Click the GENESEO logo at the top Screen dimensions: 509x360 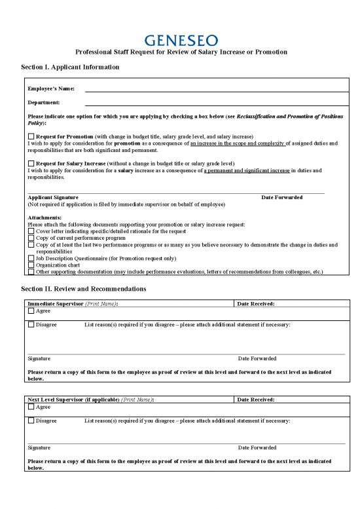pyautogui.click(x=179, y=41)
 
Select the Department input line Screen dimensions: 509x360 pyautogui.click(x=213, y=104)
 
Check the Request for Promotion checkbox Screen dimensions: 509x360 pyautogui.click(x=31, y=136)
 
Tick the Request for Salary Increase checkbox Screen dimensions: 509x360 pyautogui.click(x=31, y=163)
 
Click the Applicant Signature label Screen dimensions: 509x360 pyautogui.click(x=53, y=197)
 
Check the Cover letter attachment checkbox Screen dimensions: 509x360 pyautogui.click(x=31, y=231)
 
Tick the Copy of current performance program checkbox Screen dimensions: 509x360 pyautogui.click(x=31, y=238)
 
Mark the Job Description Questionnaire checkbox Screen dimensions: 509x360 pyautogui.click(x=31, y=258)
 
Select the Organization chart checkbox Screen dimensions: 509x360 pyautogui.click(x=31, y=265)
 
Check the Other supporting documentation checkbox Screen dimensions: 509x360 pyautogui.click(x=31, y=271)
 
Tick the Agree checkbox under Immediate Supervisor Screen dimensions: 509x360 pyautogui.click(x=31, y=311)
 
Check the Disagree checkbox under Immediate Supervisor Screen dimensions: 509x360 pyautogui.click(x=31, y=325)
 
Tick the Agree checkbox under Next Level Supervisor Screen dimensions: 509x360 pyautogui.click(x=31, y=407)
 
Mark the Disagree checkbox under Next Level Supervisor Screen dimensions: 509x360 pyautogui.click(x=31, y=421)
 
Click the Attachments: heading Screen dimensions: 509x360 pyautogui.click(x=45, y=217)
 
